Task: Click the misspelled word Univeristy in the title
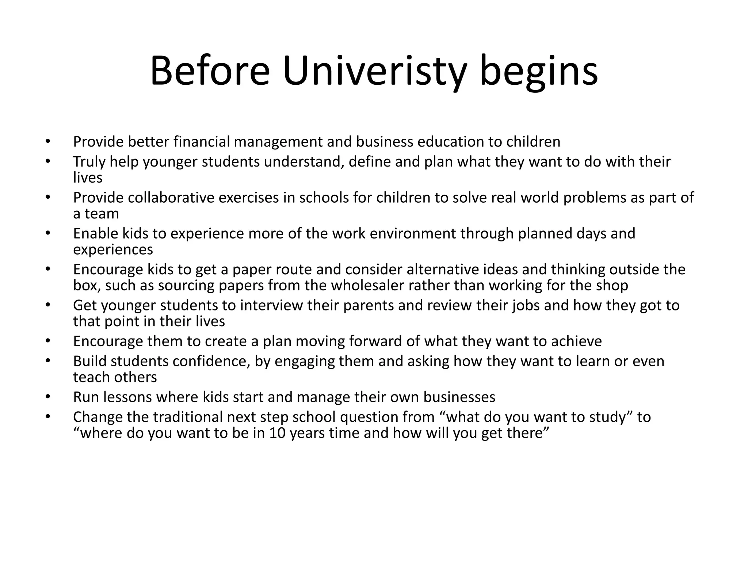375,71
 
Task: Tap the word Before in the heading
210,71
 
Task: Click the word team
102,214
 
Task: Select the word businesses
459,397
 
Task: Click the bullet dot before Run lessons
47,397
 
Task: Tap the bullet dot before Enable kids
47,233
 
